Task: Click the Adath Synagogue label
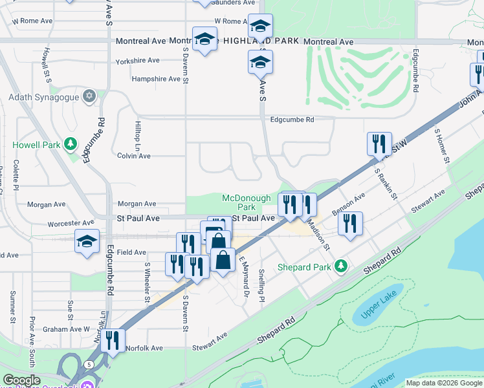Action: pyautogui.click(x=43, y=98)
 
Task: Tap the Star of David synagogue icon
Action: pyautogui.click(x=90, y=97)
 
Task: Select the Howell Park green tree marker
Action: pyautogui.click(x=71, y=144)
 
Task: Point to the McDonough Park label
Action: pyautogui.click(x=237, y=202)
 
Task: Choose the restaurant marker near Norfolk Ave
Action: pyautogui.click(x=113, y=340)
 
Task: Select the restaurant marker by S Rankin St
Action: pyautogui.click(x=379, y=144)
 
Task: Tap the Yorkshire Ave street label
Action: pyautogui.click(x=137, y=61)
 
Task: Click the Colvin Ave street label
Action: pyautogui.click(x=134, y=156)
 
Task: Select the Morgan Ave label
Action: pyautogui.click(x=137, y=204)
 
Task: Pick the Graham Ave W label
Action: pyautogui.click(x=66, y=329)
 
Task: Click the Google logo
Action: pyautogui.click(x=22, y=381)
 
